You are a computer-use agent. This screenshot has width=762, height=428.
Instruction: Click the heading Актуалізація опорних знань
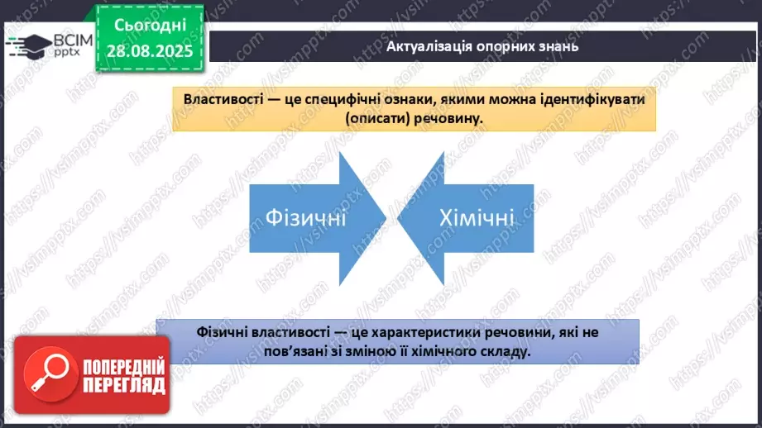482,46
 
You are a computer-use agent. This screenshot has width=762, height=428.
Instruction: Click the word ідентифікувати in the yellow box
597,99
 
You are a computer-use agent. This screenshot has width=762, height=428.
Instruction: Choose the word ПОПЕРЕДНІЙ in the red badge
124,366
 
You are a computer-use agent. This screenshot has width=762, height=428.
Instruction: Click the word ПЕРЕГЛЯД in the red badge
124,384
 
